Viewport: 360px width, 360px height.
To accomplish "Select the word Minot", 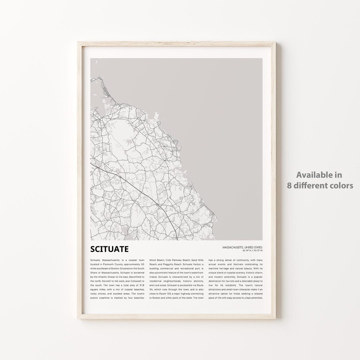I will pyautogui.click(x=154, y=259).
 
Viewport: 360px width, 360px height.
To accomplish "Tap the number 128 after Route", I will pyautogui.click(x=172, y=294).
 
